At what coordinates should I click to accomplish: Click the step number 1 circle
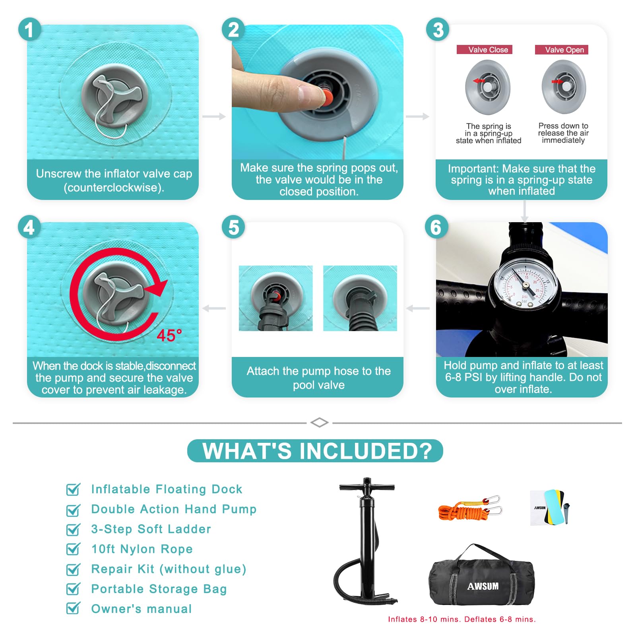coord(29,30)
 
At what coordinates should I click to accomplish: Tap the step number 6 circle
coord(436,227)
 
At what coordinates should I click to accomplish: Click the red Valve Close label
coord(485,50)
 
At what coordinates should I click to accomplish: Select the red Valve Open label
coord(561,50)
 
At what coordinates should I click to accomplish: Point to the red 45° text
coord(169,336)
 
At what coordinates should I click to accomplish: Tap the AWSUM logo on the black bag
coord(483,586)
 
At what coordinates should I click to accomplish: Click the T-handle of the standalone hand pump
coord(367,487)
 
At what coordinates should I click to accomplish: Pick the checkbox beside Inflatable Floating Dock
coord(73,489)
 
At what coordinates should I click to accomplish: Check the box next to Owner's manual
coord(73,608)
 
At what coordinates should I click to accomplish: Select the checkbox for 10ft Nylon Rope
coord(73,549)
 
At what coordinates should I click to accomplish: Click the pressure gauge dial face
coord(525,286)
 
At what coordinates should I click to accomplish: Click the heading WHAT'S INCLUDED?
coord(317,451)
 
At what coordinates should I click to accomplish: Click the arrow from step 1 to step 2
coord(214,116)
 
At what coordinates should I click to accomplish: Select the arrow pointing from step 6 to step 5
coord(418,308)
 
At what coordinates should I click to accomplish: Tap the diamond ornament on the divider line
coord(319,423)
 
